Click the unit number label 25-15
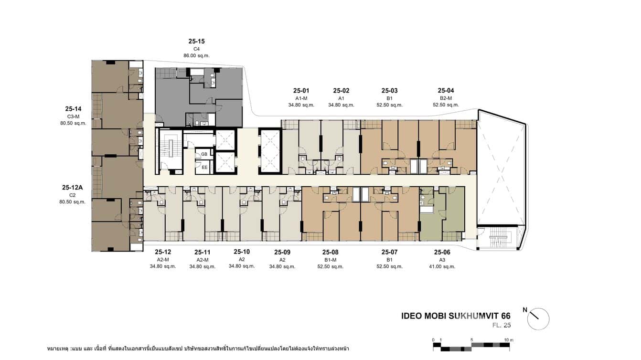[196, 42]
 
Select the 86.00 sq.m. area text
[196, 56]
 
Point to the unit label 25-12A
[73, 188]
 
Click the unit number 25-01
[301, 91]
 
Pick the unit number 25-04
[446, 91]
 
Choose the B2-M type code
[446, 98]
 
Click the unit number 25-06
[442, 252]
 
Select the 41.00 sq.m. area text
[442, 267]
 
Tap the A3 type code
[442, 260]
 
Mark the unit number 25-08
[330, 252]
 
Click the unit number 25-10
[242, 252]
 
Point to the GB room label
[204, 154]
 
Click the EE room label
[204, 168]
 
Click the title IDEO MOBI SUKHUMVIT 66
[456, 316]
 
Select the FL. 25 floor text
[502, 326]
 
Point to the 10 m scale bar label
[509, 340]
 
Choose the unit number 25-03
[389, 91]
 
